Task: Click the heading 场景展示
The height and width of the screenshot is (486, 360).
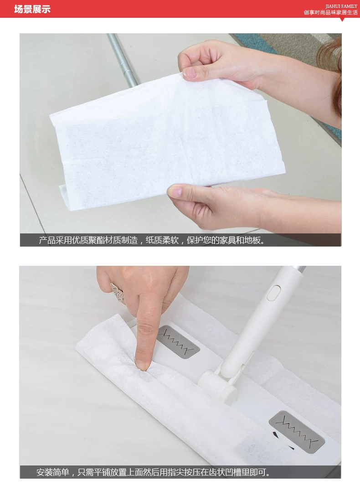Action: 32,9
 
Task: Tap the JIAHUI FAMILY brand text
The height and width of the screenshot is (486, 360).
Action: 341,6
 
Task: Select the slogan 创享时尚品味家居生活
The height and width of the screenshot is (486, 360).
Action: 330,12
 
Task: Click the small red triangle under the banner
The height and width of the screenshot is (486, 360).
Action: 342,20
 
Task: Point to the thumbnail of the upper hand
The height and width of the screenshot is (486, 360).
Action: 189,72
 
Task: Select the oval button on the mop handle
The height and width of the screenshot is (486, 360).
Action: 273,293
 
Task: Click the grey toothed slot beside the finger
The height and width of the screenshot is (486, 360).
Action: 178,342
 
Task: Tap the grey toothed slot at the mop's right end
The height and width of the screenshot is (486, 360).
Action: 297,432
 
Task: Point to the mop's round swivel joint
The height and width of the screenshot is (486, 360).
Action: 218,385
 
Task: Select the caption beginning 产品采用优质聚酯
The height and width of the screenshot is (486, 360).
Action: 152,240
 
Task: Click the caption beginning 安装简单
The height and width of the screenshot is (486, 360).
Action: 154,472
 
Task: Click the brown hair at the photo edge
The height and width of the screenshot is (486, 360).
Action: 332,68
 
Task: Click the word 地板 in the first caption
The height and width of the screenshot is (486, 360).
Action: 252,240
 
